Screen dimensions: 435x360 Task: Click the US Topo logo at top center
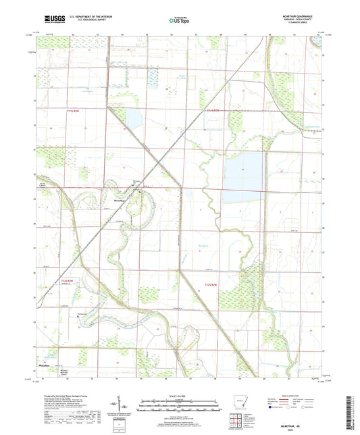click(x=179, y=20)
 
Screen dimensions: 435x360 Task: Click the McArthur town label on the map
click(x=122, y=201)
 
